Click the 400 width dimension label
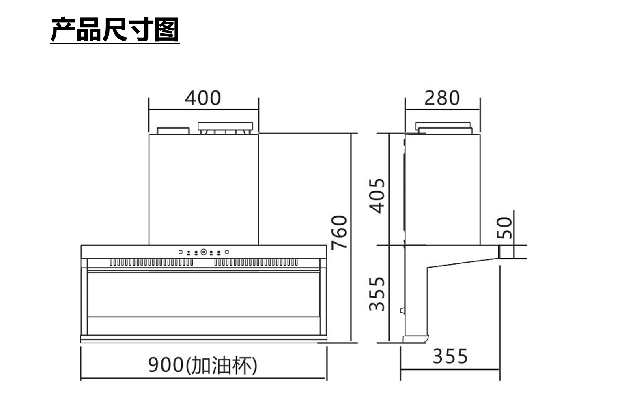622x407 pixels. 202,98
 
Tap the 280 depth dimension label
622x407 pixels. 442,98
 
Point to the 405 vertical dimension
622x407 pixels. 377,195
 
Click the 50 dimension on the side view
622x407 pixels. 505,228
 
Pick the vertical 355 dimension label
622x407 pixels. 377,293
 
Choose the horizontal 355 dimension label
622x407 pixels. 450,357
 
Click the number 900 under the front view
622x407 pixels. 166,365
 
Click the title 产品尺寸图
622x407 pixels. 115,30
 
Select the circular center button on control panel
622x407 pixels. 204,252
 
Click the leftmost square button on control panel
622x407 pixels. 181,252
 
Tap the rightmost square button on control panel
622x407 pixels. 227,252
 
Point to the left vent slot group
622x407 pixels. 151,263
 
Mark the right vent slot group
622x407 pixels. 256,263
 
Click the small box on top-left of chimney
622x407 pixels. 173,131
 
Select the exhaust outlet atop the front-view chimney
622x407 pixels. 225,128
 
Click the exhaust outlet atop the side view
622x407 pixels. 444,128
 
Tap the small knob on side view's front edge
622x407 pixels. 402,311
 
